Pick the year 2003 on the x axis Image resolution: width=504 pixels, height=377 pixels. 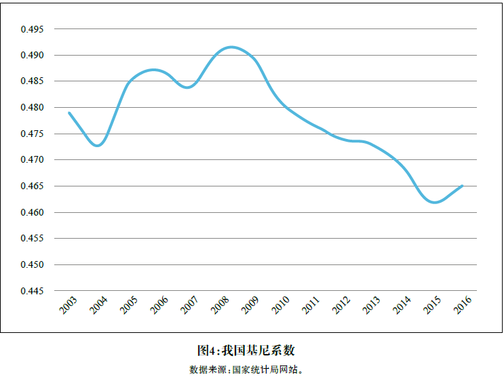69,305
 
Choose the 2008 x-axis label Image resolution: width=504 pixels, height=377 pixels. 220,305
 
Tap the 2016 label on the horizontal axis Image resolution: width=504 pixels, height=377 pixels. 463,305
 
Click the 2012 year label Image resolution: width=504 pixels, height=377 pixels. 341,305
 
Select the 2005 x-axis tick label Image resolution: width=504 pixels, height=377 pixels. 129,305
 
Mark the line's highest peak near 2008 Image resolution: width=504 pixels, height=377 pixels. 231,47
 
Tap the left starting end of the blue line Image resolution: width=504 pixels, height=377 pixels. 69,113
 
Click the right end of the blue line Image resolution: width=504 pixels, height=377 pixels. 463,185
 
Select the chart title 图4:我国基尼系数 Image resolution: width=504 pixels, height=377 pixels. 246,351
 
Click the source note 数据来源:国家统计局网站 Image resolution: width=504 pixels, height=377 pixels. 246,370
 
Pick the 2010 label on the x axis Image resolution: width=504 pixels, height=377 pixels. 281,305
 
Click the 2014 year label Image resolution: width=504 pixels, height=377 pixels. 402,305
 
